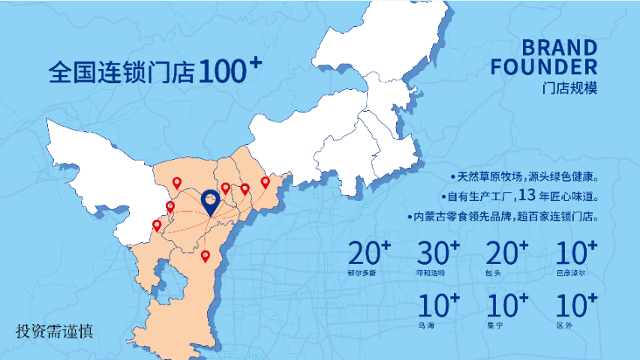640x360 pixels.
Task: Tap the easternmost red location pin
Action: click(265, 182)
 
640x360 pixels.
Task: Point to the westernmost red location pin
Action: click(157, 224)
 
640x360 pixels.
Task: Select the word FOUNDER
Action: click(544, 67)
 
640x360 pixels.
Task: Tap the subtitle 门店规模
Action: click(572, 87)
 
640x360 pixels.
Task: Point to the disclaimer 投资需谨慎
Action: click(55, 331)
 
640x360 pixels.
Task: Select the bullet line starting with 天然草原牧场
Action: click(524, 177)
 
